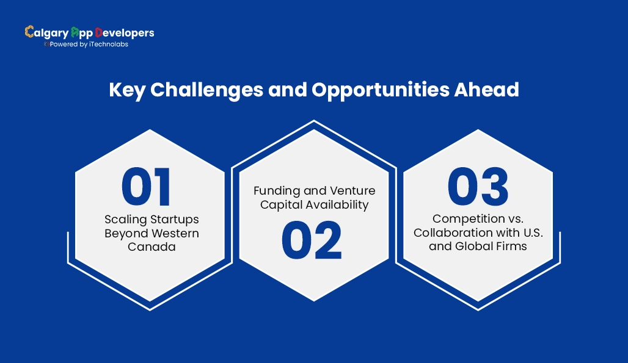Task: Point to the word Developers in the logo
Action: tap(125, 32)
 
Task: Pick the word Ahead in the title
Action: tap(488, 90)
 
